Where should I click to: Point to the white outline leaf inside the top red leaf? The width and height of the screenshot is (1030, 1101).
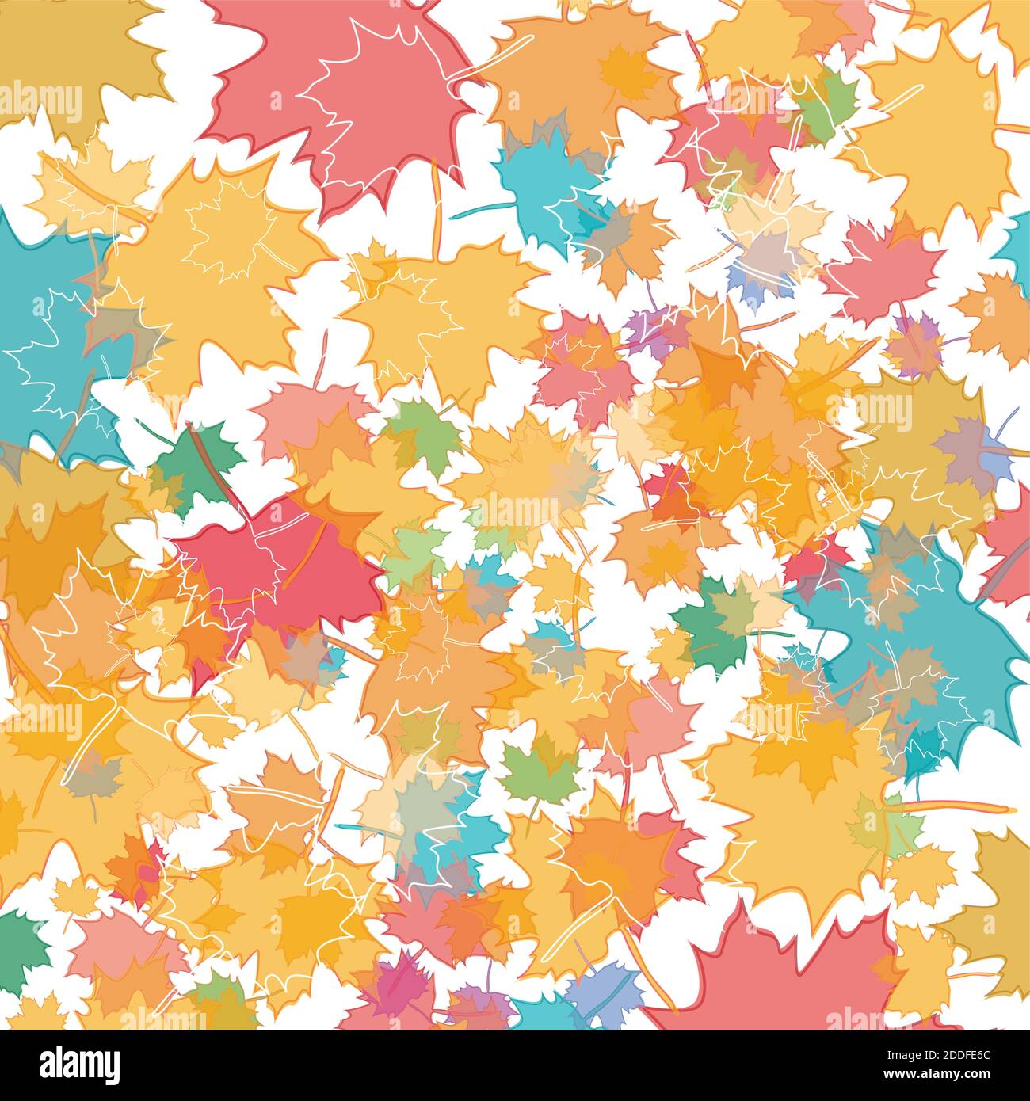pyautogui.click(x=372, y=95)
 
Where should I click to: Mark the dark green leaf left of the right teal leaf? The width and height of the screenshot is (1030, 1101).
pyautogui.click(x=709, y=626)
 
